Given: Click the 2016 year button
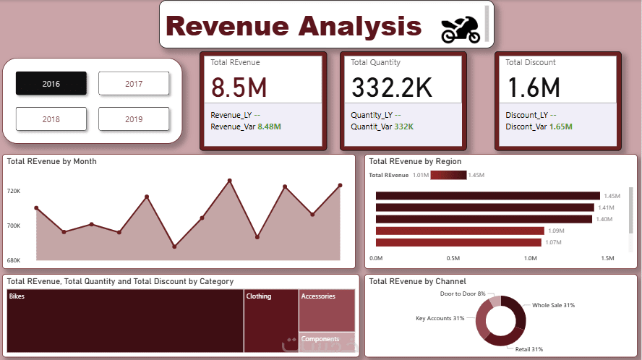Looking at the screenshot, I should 51,84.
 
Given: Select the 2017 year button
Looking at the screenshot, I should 134,84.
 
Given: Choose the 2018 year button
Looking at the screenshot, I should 51,119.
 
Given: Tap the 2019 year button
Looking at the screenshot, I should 134,119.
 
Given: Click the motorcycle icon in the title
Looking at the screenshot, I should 460,28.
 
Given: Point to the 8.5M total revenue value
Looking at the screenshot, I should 239,87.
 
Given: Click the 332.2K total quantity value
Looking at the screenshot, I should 392,87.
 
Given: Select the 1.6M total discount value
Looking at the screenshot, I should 534,87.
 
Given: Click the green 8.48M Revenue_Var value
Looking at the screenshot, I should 269,127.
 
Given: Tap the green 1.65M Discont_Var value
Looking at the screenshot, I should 560,127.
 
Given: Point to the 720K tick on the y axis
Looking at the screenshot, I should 14,192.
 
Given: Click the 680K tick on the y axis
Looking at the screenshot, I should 14,260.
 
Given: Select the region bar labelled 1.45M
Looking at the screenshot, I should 488,196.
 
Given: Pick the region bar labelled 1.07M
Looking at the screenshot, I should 459,242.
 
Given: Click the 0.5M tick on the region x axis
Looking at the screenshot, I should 453,258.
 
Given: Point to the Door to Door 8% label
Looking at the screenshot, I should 462,293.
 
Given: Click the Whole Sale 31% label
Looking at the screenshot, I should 553,305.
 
